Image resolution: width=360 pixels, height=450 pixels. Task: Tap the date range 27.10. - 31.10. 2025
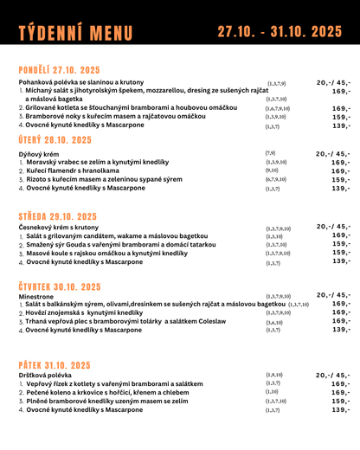[280, 32]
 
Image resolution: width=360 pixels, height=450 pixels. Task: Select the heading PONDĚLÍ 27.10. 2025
[60, 70]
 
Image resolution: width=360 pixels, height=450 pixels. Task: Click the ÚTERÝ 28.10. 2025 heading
[55, 139]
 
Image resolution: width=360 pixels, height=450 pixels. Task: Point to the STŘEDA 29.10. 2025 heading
[57, 216]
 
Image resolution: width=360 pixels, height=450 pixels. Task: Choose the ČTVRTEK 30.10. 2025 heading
[60, 286]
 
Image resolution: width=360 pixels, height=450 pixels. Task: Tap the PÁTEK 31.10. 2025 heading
[55, 365]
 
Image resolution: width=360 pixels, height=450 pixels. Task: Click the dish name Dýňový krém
[39, 153]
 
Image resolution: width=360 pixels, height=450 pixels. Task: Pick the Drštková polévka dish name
[46, 375]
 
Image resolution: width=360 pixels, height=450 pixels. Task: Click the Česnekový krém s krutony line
[59, 227]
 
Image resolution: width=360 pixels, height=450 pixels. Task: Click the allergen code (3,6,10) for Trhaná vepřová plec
[273, 321]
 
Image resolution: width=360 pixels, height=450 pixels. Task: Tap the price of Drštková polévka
[333, 375]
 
